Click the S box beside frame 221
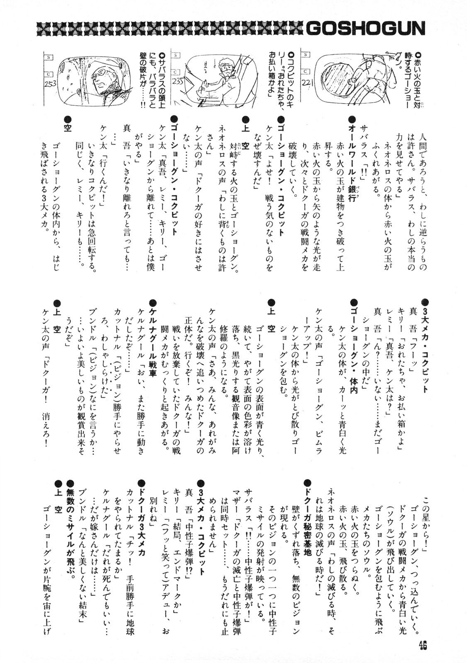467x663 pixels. [x=307, y=54]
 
